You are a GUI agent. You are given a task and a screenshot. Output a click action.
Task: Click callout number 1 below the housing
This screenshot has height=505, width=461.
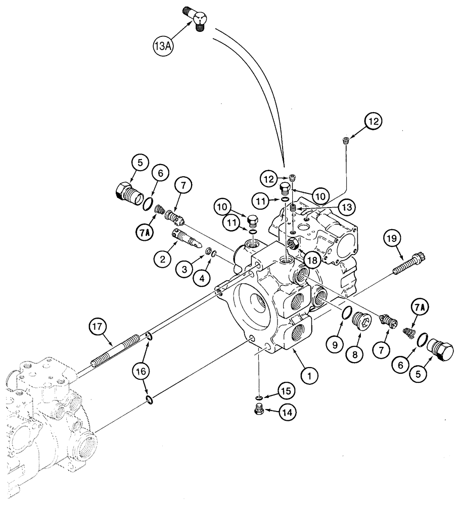[x=310, y=375]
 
